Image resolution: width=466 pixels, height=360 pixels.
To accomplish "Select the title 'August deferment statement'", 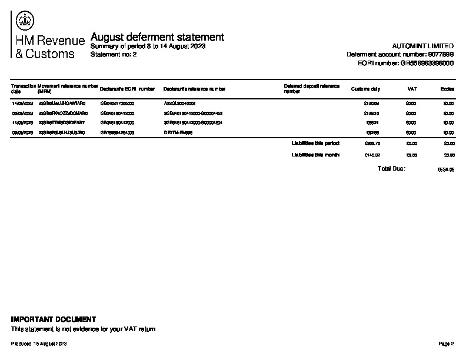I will pos(157,37).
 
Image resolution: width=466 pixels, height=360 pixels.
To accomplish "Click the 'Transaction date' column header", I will pos(23,89).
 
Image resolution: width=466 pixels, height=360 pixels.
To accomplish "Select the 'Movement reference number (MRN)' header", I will pos(67,89).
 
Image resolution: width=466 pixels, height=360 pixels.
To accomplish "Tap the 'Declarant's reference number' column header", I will pos(194,89).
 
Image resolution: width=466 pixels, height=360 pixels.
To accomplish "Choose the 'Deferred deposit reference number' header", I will pos(311,89).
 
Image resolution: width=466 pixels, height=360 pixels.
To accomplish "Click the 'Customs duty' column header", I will pos(365,89).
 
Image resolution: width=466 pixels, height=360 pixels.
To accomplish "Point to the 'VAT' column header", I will pos(412,89).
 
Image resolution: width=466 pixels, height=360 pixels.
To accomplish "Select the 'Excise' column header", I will pos(447,89).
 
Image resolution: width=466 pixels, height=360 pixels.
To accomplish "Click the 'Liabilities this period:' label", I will pos(316,143).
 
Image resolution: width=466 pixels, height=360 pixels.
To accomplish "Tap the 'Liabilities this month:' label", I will pos(316,155).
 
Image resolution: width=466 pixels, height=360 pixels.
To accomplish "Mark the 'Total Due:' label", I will pos(391,169).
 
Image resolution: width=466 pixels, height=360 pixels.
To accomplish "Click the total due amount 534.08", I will pos(447,169).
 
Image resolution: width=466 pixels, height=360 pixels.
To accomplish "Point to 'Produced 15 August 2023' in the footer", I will pos(39,343).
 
